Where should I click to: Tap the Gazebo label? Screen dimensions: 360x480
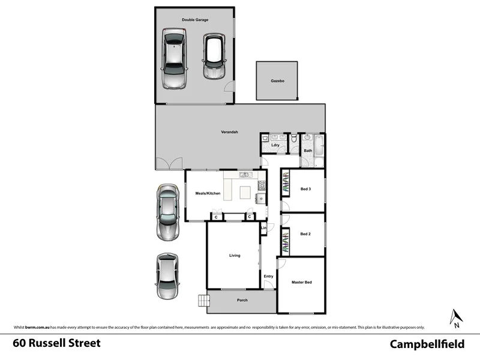[x=277, y=80]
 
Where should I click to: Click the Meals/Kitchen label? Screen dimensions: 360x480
[x=208, y=193]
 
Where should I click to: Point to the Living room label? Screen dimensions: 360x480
[x=235, y=256]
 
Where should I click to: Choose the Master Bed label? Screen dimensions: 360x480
[x=301, y=282]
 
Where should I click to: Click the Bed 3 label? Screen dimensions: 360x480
[x=305, y=190]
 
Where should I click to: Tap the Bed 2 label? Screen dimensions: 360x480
[x=305, y=234]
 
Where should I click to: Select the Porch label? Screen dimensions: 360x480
[x=242, y=300]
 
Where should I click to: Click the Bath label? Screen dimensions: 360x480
[x=308, y=151]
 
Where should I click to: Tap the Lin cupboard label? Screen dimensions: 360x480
[x=263, y=227]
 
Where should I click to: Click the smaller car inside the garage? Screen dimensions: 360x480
[x=213, y=56]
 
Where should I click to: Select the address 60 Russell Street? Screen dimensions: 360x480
[x=57, y=344]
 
